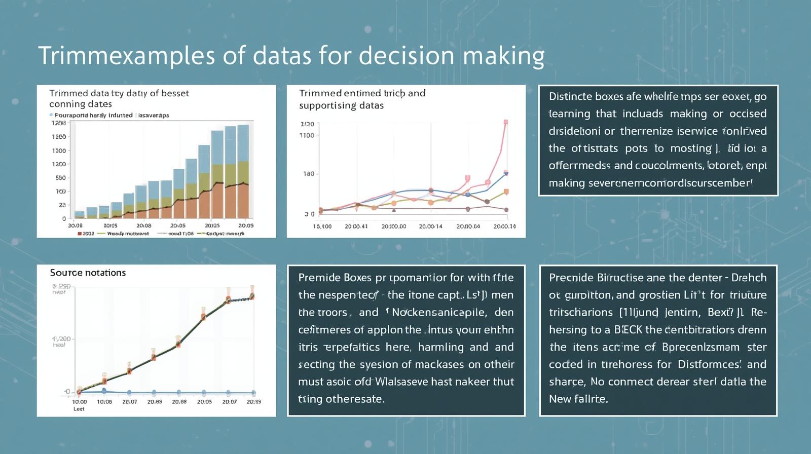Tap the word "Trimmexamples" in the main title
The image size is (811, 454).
[x=127, y=56]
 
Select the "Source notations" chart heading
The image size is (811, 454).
[x=88, y=273]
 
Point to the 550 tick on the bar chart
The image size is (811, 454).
[x=60, y=178]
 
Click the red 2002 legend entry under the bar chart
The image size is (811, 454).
[x=86, y=234]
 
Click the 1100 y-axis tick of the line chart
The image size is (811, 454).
[x=307, y=135]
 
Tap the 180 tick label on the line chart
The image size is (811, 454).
[x=308, y=174]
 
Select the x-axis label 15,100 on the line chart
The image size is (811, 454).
[x=322, y=226]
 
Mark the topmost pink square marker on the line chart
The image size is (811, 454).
[x=505, y=122]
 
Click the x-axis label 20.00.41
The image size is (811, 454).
[x=356, y=226]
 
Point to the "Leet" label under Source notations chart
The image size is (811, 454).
[x=79, y=409]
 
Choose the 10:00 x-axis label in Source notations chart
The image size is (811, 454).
[x=80, y=402]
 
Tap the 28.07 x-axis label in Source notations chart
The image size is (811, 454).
[x=130, y=402]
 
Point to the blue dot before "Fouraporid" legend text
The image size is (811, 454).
[x=51, y=115]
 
